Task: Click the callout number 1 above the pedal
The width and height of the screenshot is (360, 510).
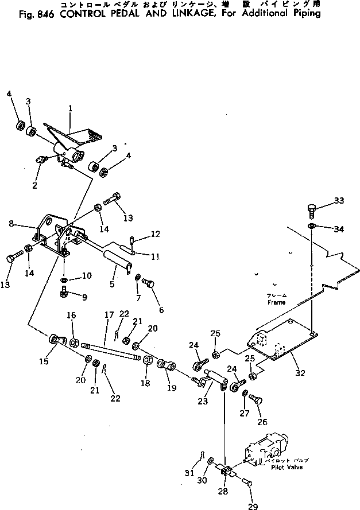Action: pos(70,108)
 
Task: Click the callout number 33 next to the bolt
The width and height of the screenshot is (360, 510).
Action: pos(339,201)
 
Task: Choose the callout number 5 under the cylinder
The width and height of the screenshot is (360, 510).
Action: pos(113,284)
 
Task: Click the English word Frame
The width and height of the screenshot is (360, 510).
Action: pos(276,302)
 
